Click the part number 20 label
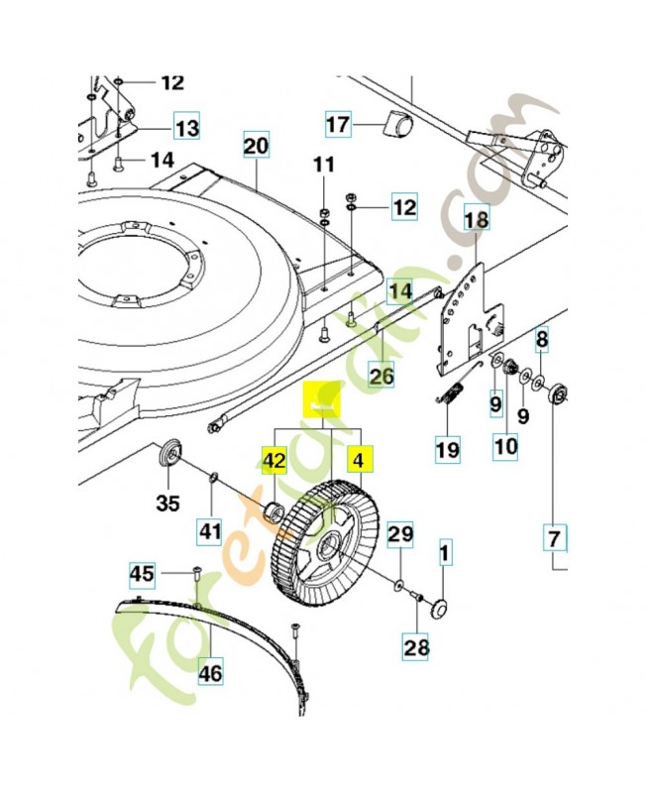click(x=257, y=147)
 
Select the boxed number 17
click(x=338, y=125)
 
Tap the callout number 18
click(x=476, y=218)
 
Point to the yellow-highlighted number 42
click(x=274, y=459)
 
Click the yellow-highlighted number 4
click(x=359, y=459)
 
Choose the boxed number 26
click(x=381, y=376)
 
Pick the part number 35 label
click(x=168, y=503)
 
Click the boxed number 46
click(x=210, y=674)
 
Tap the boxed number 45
click(x=143, y=573)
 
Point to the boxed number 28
click(x=416, y=648)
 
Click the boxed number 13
click(x=186, y=128)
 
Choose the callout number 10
click(x=505, y=446)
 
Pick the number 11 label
click(x=326, y=164)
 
